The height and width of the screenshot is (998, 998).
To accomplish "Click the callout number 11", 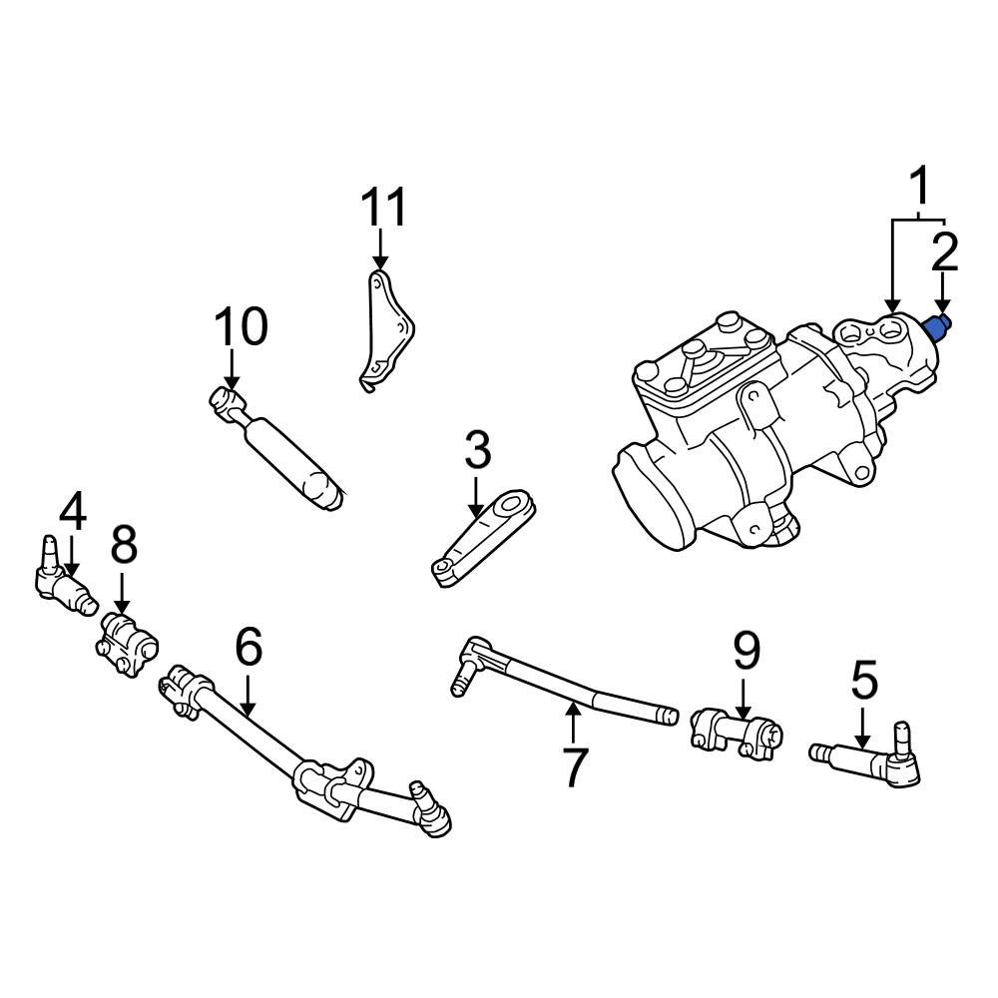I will coord(384,209).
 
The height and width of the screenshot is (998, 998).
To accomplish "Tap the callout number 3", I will coord(477,451).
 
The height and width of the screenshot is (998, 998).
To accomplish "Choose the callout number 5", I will coord(863,681).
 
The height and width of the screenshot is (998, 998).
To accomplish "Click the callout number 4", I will coord(72,512).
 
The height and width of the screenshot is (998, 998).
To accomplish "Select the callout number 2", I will coord(944,254).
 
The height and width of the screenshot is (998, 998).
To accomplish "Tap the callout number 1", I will coord(919,187).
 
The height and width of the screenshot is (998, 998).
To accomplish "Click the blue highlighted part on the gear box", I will coord(939,326).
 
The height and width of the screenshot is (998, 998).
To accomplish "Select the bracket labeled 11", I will coord(386,329).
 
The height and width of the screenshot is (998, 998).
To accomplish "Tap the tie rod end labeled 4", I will coord(62,579).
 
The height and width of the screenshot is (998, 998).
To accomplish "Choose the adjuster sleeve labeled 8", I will coord(127,645).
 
